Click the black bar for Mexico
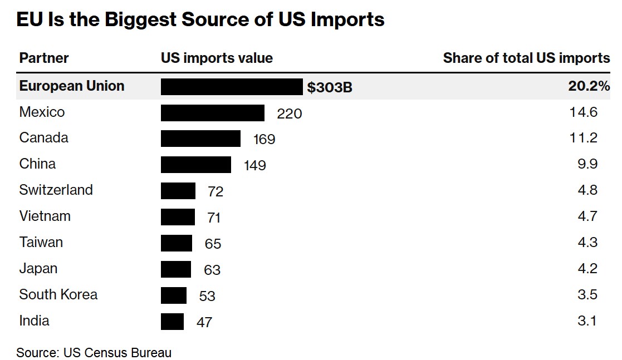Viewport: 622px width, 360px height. pos(213,113)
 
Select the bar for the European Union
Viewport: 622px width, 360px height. pos(232,87)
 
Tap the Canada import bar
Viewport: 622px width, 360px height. pos(200,139)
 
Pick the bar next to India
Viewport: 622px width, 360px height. pos(173,322)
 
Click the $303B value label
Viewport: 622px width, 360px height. pos(330,87)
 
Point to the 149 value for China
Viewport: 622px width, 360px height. pos(254,165)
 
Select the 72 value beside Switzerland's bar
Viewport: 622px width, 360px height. pos(216,191)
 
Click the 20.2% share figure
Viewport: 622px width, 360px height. pos(589,86)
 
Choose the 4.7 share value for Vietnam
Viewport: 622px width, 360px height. pos(587,216)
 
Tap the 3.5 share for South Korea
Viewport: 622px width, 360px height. pos(587,294)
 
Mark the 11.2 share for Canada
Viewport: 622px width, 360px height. pos(584,137)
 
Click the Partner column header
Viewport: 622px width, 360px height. pos(44,58)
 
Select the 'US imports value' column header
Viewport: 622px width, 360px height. pos(217,58)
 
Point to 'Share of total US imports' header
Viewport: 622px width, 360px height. pos(526,58)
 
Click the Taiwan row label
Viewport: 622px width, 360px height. pos(41,242)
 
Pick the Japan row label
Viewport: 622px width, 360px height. pos(38,269)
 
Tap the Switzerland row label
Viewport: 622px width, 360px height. pos(56,190)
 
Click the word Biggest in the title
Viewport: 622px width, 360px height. pos(140,20)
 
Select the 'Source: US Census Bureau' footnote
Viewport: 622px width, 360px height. pos(94,352)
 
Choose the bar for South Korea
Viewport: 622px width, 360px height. pos(174,295)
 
